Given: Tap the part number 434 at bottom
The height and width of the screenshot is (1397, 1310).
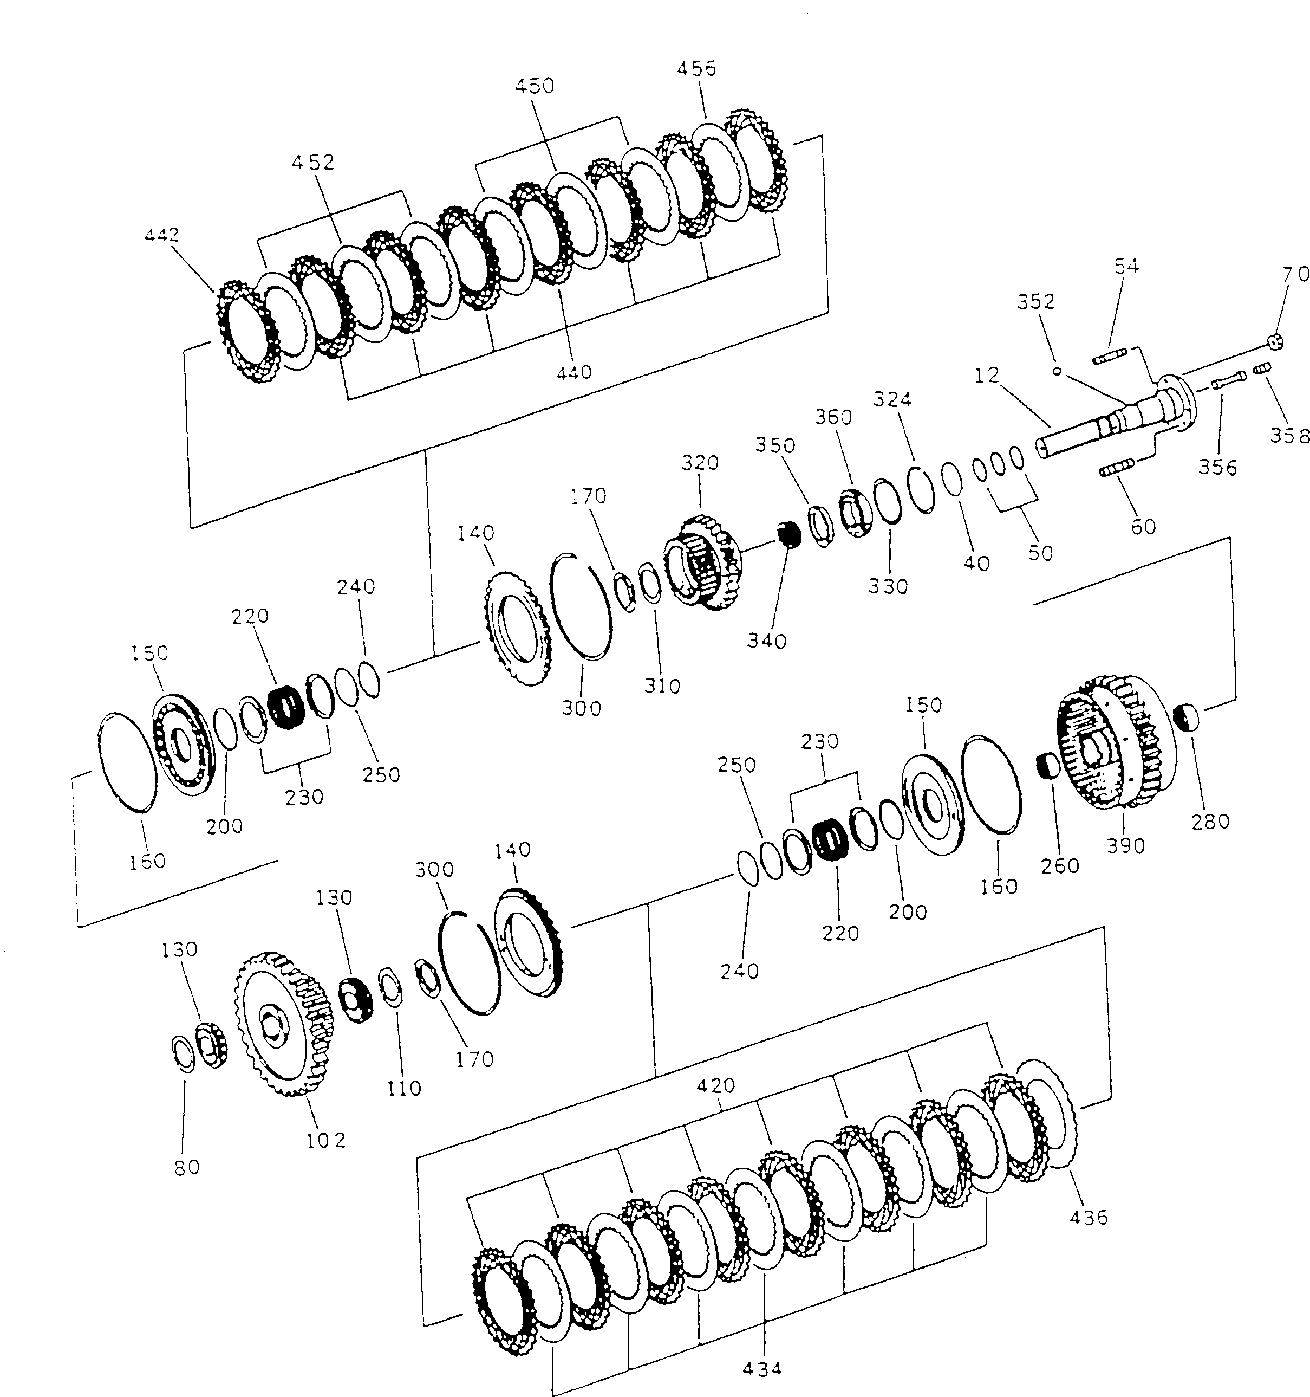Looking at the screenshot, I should tap(761, 1368).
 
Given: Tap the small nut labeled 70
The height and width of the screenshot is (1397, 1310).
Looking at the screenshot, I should tap(1276, 342).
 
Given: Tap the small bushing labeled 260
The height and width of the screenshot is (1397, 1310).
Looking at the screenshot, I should tap(1048, 765).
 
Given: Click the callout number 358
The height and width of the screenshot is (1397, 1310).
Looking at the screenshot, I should tap(1289, 436).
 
